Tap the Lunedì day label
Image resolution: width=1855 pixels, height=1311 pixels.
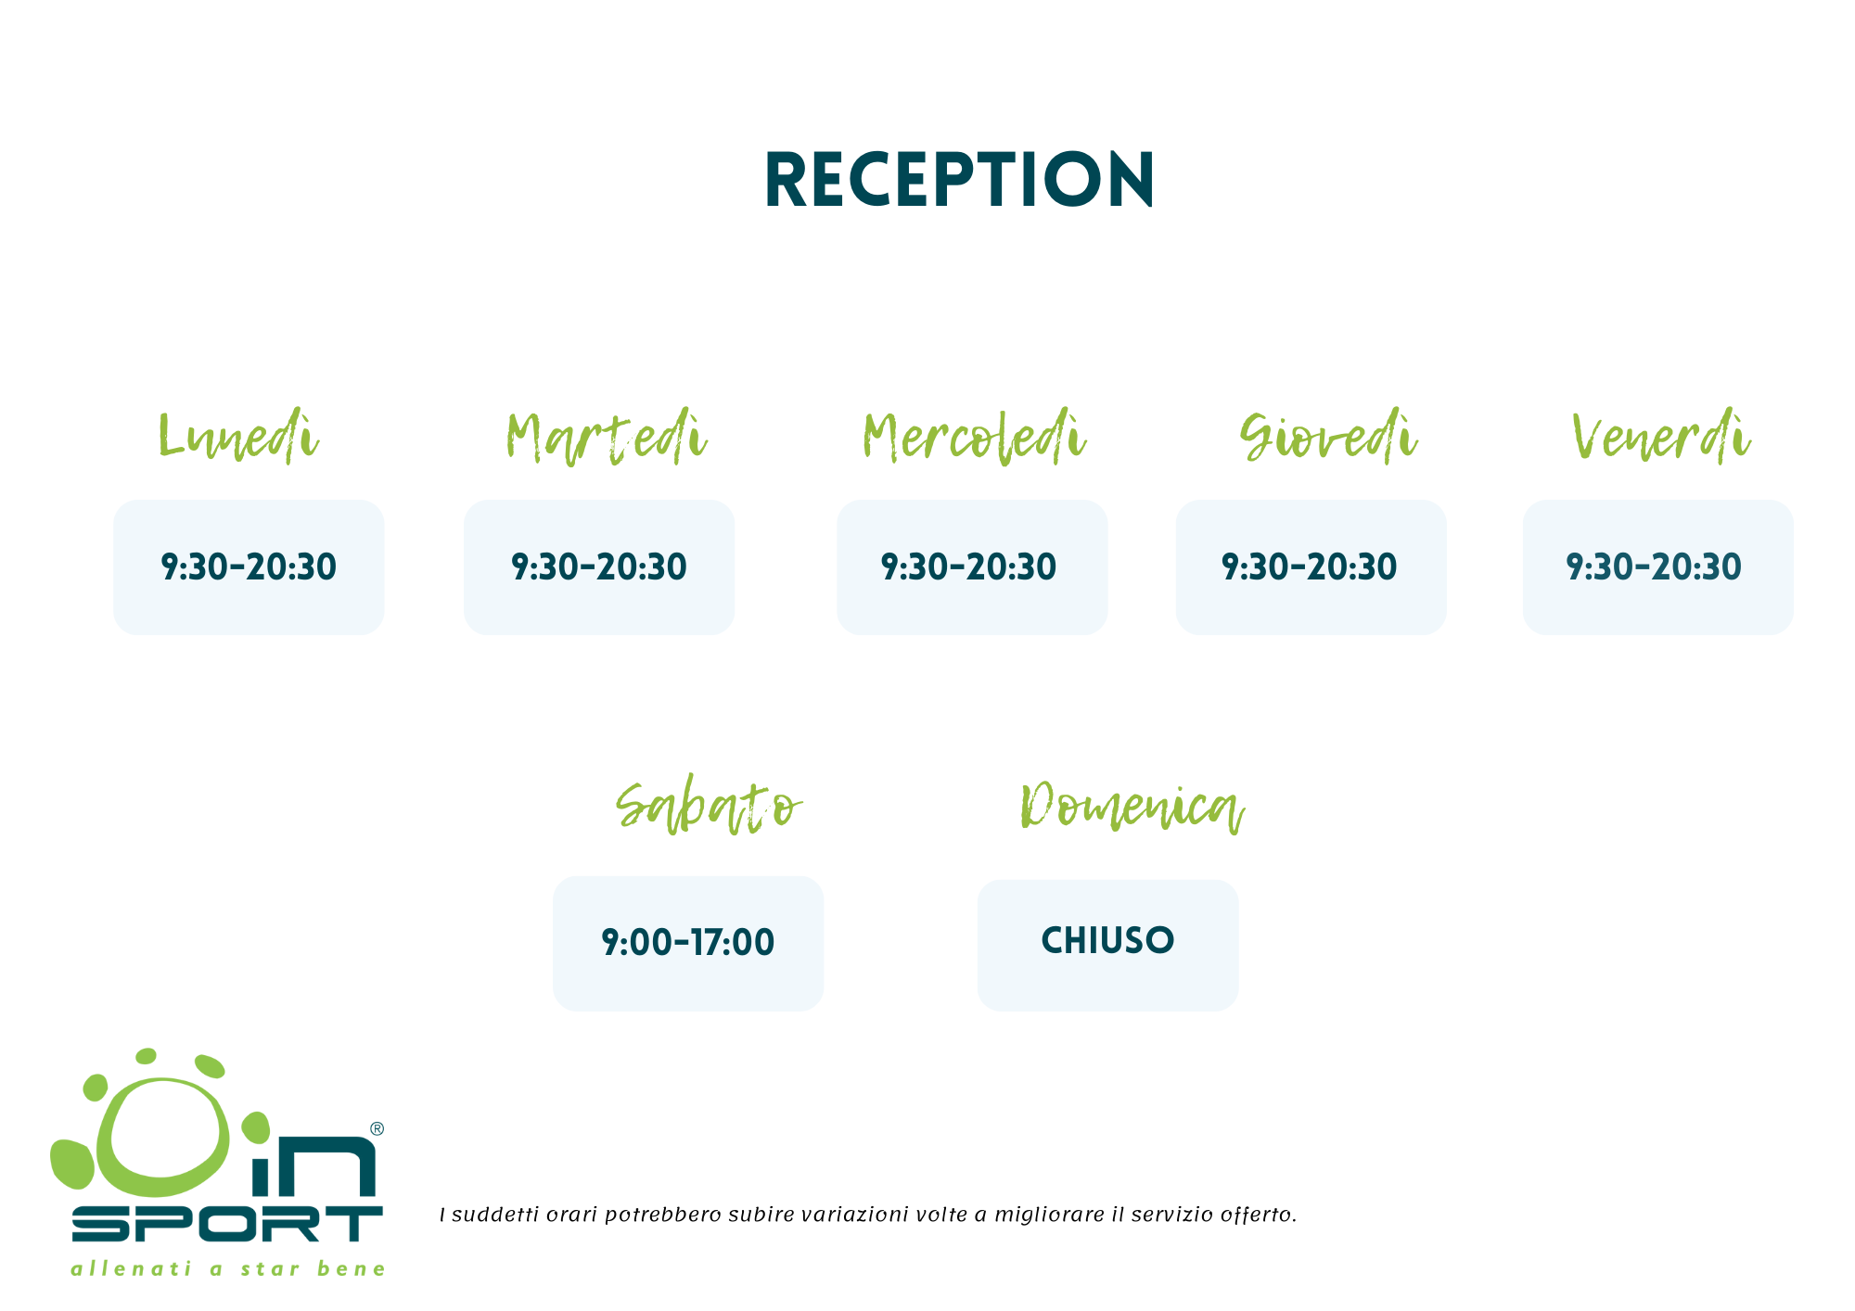239,437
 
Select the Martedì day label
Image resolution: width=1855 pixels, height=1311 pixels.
607,437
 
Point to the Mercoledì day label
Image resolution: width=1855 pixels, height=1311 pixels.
974,437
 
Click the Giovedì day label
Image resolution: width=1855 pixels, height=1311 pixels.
1329,437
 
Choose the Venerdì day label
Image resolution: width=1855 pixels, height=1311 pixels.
1661,437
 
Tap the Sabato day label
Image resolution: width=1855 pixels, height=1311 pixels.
709,807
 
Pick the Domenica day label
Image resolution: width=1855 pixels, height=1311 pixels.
1132,807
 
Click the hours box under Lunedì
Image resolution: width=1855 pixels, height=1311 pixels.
249,567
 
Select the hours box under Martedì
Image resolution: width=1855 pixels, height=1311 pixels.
599,567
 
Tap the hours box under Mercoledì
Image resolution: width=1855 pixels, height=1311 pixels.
972,567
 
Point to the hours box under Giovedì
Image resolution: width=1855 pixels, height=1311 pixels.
1311,567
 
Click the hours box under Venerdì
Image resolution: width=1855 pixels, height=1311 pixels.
1658,567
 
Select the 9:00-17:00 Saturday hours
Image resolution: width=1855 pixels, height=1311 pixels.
688,943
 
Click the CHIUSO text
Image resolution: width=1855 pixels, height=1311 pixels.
1107,941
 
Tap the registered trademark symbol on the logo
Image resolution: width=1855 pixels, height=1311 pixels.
377,1128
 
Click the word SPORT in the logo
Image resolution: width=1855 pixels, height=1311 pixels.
227,1224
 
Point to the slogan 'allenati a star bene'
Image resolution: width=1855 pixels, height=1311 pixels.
228,1268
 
